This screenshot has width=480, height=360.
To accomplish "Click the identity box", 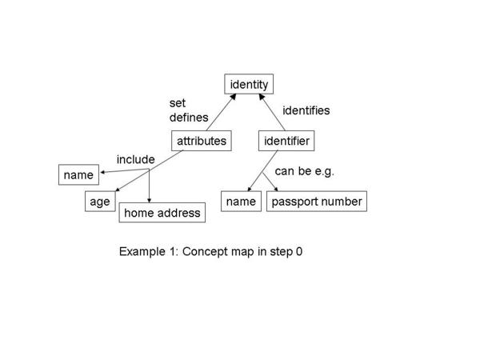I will click(249, 84).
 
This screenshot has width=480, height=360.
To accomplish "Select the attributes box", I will click(202, 142).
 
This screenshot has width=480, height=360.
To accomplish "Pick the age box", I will click(99, 202).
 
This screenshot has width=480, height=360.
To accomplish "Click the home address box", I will click(162, 214).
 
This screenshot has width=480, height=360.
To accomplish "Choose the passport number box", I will click(316, 202).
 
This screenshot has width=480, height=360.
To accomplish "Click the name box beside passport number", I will click(240, 202).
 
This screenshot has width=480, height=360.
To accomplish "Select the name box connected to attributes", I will click(78, 174).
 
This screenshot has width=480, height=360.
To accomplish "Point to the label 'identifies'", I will click(306, 110).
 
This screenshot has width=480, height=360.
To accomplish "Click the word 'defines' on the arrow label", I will click(188, 118).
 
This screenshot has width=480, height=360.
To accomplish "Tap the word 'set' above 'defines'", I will click(177, 102).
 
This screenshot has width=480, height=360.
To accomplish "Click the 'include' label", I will click(135, 159).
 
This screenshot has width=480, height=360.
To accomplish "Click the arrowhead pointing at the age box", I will click(117, 191).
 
